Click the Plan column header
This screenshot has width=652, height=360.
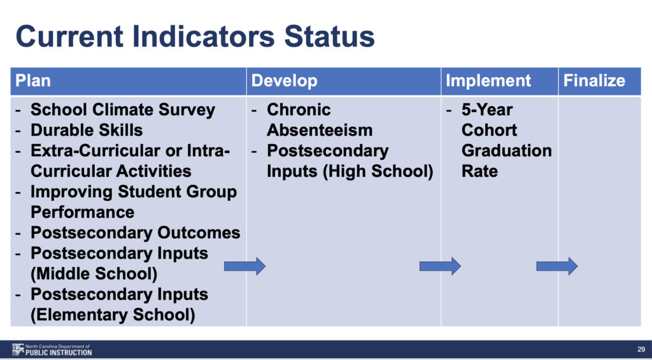point(33,81)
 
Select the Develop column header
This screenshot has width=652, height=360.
point(285,81)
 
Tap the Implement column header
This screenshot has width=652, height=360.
point(488,81)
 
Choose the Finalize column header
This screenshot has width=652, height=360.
point(594,81)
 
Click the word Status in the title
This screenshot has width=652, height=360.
point(329,36)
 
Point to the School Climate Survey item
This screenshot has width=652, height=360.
point(123,110)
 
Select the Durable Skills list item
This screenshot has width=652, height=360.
point(87,130)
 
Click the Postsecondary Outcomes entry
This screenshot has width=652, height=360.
point(135,233)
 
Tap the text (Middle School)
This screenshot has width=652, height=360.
point(94,274)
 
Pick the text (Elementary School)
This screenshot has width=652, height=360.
point(113,315)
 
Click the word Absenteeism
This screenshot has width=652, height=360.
point(320,130)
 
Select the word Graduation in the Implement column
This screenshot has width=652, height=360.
point(506,150)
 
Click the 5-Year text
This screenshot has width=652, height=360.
point(486,110)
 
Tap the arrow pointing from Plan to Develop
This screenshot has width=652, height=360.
point(244,266)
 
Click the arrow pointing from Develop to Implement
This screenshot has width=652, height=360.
point(440,266)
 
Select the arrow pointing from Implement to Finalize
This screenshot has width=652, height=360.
point(556,266)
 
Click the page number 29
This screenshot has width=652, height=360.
point(641,350)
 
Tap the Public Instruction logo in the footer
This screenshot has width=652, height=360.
point(52,350)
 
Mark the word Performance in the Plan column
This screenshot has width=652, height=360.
point(82,212)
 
